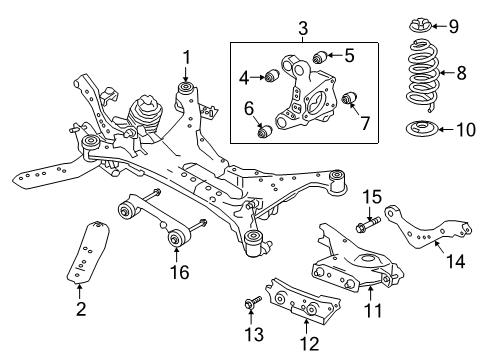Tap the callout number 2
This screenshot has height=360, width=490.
[x=80, y=310]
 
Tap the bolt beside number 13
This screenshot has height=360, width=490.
[x=252, y=298]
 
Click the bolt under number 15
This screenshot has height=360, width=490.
[x=367, y=239]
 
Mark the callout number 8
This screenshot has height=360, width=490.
[x=462, y=73]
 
